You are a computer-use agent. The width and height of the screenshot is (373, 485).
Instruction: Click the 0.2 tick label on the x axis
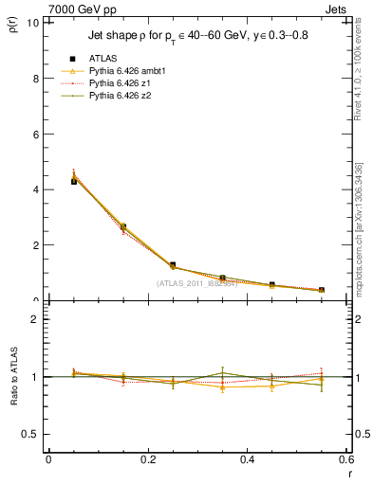pyautogui.click(x=147, y=459)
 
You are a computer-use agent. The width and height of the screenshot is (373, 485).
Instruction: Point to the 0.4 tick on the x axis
pyautogui.click(x=247, y=459)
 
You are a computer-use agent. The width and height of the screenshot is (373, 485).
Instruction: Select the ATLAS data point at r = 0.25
pyautogui.click(x=173, y=265)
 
